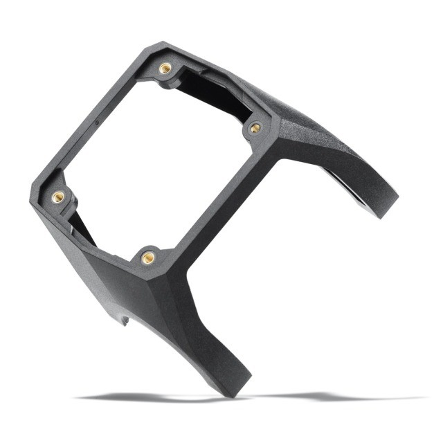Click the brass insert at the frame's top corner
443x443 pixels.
165,68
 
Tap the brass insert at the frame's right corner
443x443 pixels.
255,127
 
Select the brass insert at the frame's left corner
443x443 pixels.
57,197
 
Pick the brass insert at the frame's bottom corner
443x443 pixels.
147,257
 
